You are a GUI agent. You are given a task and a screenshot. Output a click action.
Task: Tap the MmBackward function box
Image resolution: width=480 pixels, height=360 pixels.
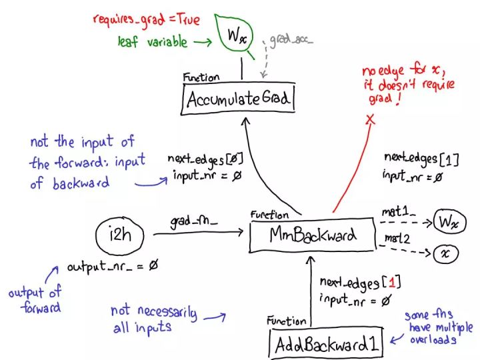[x=313, y=235]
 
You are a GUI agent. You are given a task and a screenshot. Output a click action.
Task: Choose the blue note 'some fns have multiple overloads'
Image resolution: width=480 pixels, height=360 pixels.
[x=439, y=326]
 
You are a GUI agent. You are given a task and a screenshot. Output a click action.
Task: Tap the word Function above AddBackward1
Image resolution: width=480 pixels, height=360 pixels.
[x=287, y=321]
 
